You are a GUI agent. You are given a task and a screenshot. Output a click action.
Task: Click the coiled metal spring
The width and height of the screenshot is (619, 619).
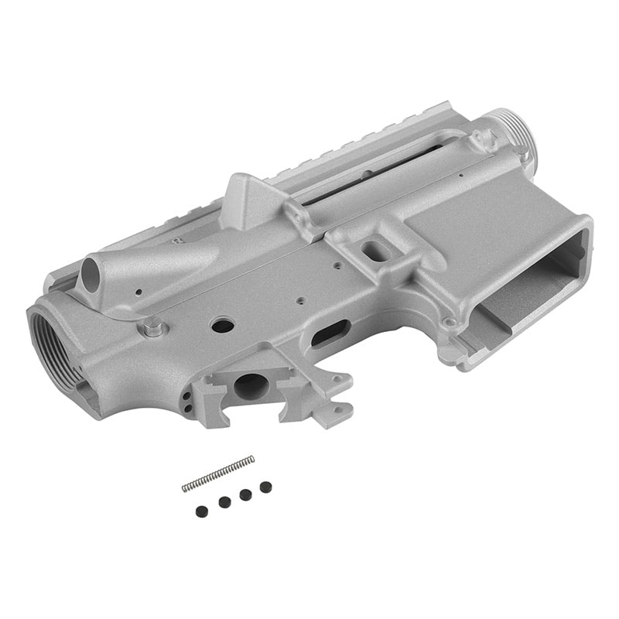coord(218,474)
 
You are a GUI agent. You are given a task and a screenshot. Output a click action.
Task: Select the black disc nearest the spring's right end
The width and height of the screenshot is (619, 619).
coord(265,487)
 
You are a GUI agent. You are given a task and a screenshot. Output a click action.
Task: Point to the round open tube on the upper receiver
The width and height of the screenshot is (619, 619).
coord(92,273)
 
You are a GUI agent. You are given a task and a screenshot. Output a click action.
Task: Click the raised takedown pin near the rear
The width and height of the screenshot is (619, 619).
coord(153,327)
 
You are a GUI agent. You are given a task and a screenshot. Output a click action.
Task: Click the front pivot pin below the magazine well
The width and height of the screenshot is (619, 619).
coord(449,321)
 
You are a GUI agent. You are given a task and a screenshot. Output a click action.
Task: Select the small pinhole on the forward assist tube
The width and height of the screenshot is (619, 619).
coord(137,293)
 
